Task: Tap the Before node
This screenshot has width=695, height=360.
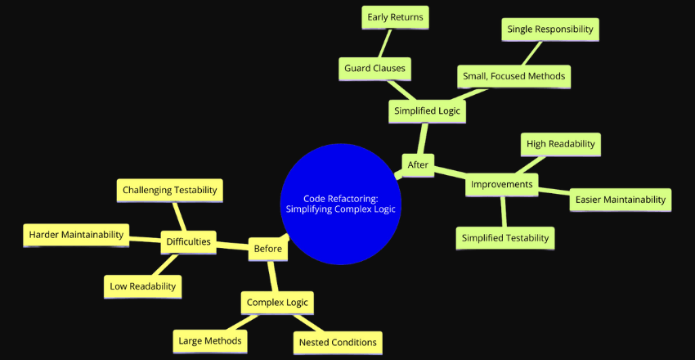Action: pos(267,249)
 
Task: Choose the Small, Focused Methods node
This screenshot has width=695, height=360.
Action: pos(513,77)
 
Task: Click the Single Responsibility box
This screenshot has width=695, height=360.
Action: pos(549,29)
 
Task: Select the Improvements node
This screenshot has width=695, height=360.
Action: pos(502,185)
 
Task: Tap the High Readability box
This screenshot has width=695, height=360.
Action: pos(561,144)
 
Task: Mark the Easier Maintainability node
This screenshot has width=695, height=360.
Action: pos(620,199)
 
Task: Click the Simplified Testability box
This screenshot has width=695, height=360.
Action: pos(504,238)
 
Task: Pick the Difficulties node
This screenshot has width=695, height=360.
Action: pos(188,241)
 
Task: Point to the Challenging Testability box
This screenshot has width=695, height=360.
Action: pos(169,191)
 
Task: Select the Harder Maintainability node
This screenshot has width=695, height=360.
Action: pos(76,235)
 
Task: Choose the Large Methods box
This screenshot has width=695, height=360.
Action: pos(211,340)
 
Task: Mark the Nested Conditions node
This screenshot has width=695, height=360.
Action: pos(337,342)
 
